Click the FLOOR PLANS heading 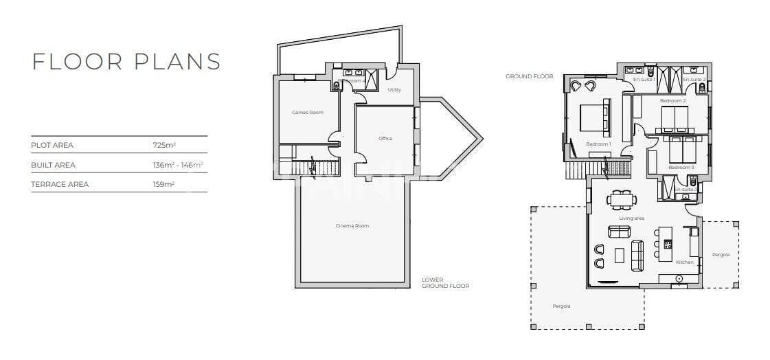[x=126, y=61]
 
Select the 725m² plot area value [x=165, y=146]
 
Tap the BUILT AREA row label [x=54, y=165]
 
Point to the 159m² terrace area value [x=164, y=184]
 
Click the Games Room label [x=307, y=112]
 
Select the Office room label [x=385, y=139]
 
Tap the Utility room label [x=394, y=90]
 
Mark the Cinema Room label [x=352, y=226]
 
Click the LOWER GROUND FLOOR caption [x=445, y=283]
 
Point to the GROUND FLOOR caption [x=529, y=76]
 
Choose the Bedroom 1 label [x=598, y=144]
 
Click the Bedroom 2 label [x=673, y=101]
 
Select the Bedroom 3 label [x=681, y=168]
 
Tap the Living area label [x=631, y=218]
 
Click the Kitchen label [x=684, y=262]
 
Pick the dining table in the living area [x=621, y=200]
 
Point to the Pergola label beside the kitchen [x=721, y=255]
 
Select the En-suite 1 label [x=644, y=80]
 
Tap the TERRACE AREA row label [x=60, y=184]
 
